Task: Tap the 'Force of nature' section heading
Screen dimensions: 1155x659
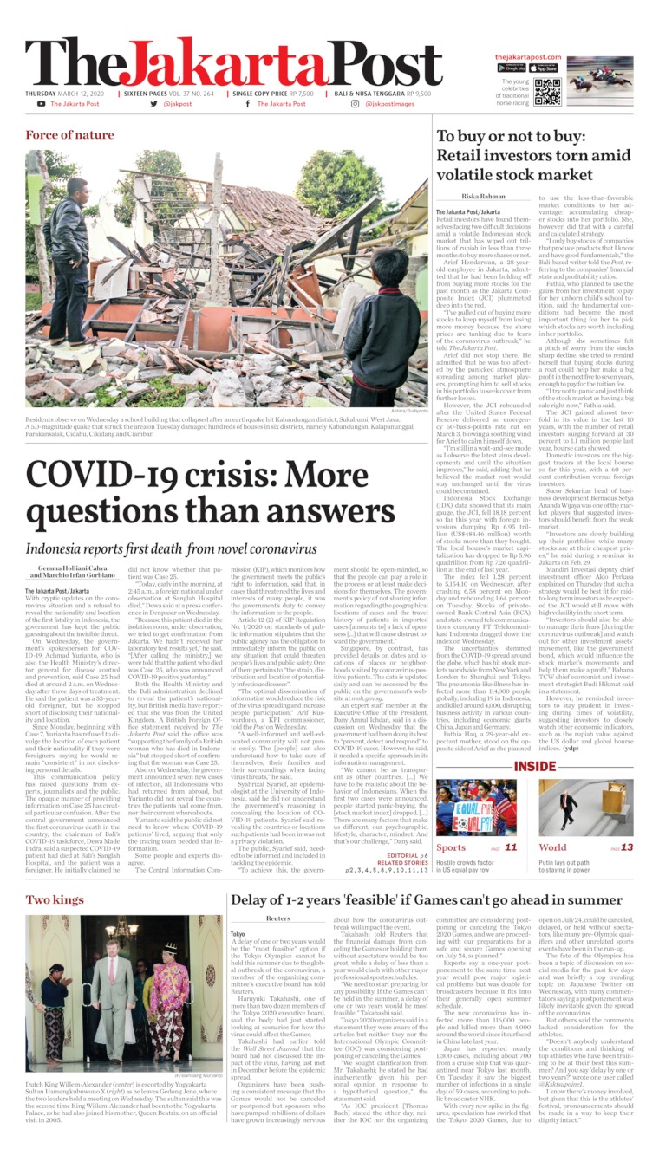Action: [x=69, y=135]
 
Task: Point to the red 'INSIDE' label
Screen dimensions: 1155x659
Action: [x=534, y=426]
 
